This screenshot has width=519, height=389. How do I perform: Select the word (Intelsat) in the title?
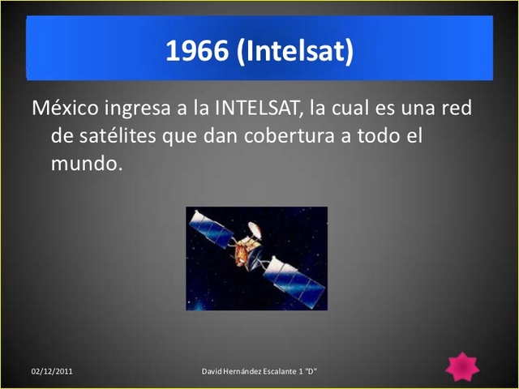coord(296,51)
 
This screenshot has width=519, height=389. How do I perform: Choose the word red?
coord(455,108)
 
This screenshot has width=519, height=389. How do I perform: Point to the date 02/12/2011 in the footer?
coord(53,371)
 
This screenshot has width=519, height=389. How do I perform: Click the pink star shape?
coord(462,367)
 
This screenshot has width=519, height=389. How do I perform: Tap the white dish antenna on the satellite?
coord(255,229)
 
